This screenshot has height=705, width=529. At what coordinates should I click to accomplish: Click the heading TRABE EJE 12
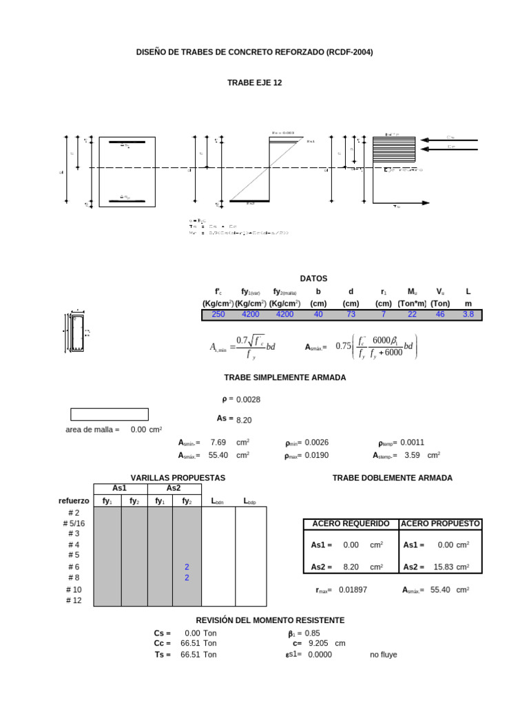coord(254,83)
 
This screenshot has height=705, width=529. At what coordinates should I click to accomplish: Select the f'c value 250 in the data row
coord(218,315)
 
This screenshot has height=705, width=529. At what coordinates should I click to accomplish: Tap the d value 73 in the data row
coord(351,315)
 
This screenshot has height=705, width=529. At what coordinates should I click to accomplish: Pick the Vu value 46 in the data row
coord(440,315)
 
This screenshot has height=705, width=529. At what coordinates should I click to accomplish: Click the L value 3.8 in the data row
coord(468,315)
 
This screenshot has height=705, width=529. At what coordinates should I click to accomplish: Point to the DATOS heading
coord(314,279)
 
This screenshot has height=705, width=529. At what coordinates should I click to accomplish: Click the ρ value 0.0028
coord(248,400)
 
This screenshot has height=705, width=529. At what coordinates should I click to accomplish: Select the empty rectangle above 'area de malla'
coord(110,414)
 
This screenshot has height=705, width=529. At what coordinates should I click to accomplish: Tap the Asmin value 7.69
coord(218,443)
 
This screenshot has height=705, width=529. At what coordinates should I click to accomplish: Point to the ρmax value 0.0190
coord(318,455)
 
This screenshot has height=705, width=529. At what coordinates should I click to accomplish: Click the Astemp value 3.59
coord(412,455)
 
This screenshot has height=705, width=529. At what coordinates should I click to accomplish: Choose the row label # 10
coord(74,590)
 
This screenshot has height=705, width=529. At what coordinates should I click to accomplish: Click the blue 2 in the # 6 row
coord(187,567)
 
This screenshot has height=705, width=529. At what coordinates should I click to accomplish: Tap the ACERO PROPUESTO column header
coord(441,524)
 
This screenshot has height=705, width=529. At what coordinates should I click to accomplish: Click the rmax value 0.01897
coord(353,590)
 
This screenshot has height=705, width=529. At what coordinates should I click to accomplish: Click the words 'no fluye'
coord(384,655)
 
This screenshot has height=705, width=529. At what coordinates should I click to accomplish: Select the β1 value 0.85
coord(313,633)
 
